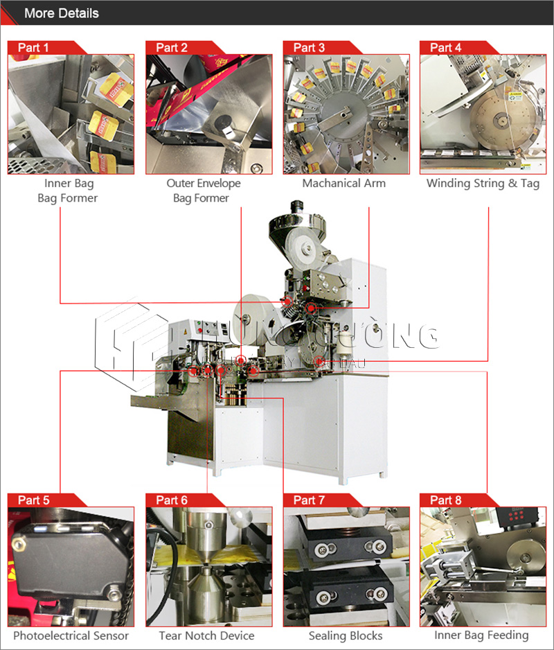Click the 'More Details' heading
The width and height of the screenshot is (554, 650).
click(x=61, y=13)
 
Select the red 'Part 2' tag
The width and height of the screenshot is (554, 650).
click(x=172, y=48)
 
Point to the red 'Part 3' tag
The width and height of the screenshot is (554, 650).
click(x=310, y=48)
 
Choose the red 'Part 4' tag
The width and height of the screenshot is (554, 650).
click(x=447, y=48)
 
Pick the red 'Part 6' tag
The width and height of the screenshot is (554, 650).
click(x=172, y=500)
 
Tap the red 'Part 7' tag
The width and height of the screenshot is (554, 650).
click(x=310, y=500)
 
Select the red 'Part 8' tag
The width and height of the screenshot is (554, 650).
click(x=447, y=500)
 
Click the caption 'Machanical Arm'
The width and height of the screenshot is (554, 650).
click(x=343, y=184)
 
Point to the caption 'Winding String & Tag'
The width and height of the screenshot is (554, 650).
click(x=483, y=184)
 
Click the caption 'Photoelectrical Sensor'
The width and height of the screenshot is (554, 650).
click(x=71, y=635)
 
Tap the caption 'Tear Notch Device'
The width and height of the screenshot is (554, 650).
click(x=206, y=635)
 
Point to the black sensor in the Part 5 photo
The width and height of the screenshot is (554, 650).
click(x=66, y=565)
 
